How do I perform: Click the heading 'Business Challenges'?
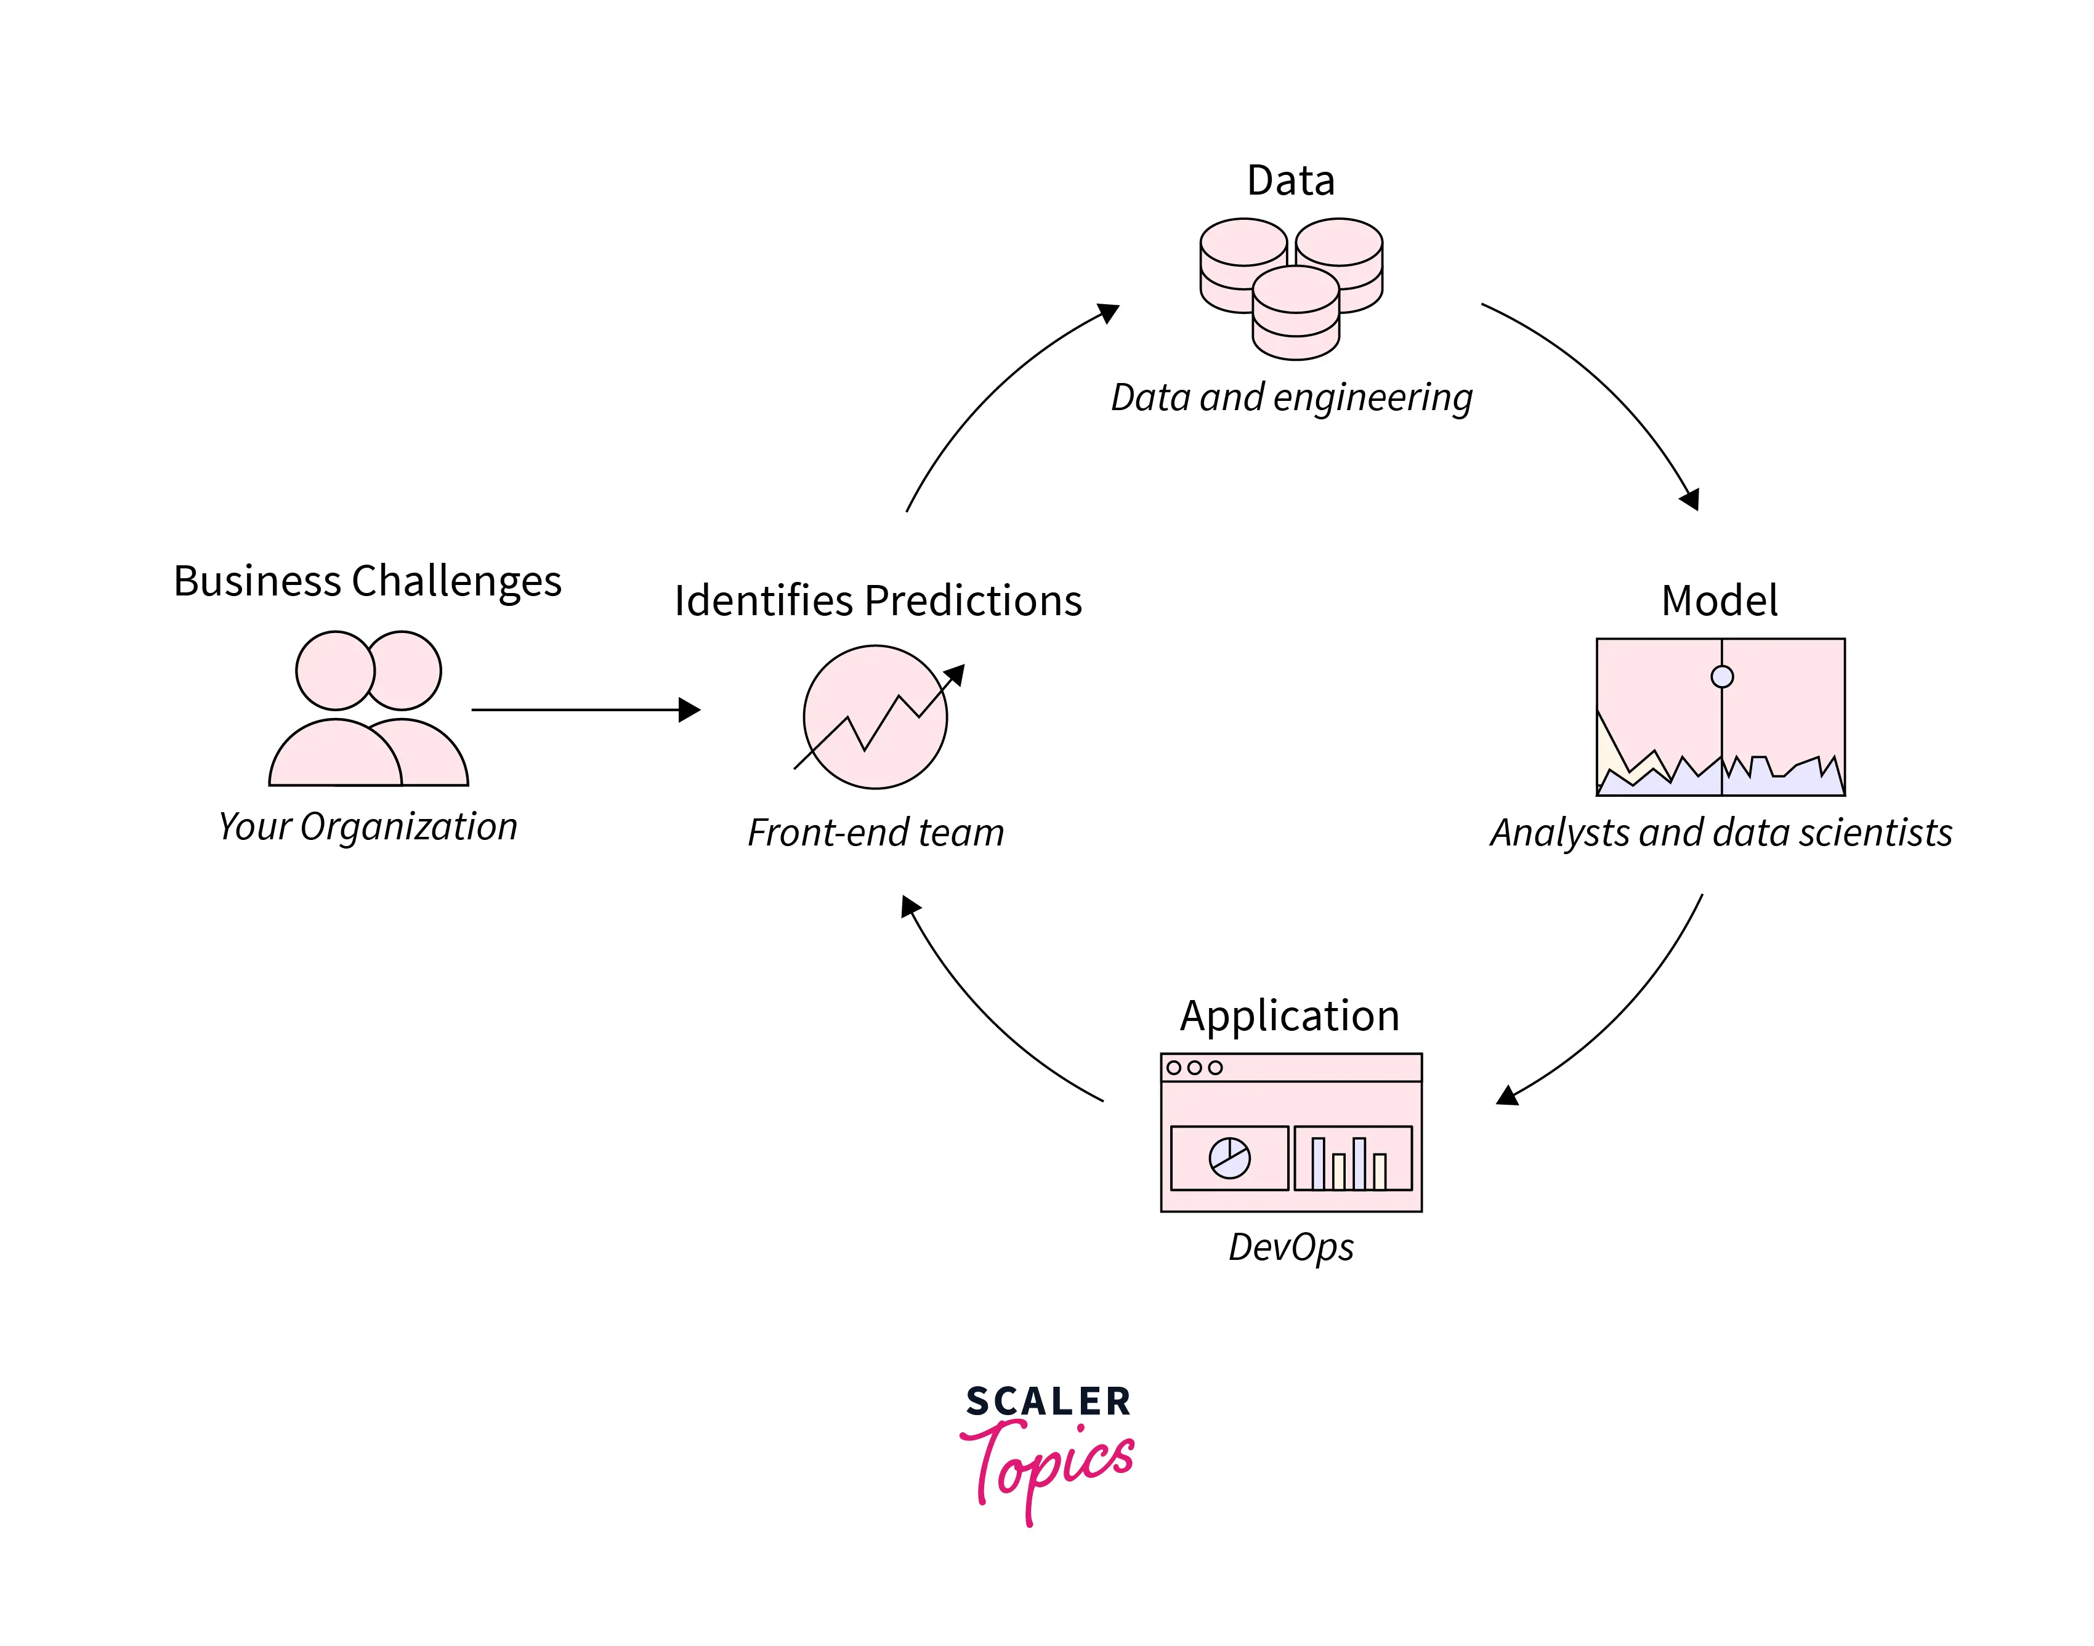367,581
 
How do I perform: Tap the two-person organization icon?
368,709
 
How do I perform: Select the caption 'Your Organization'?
367,827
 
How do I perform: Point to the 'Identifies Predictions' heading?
877,600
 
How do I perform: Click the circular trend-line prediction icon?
876,717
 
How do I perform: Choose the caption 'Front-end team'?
875,833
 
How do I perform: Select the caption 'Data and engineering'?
1292,397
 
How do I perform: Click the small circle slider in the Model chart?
1722,677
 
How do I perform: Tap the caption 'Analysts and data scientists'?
1721,833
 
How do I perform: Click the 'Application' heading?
1290,1015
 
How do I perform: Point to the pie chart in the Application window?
1230,1158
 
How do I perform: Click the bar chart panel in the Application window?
1352,1158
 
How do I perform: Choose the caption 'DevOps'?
1290,1247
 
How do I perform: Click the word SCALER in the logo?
1048,1401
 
